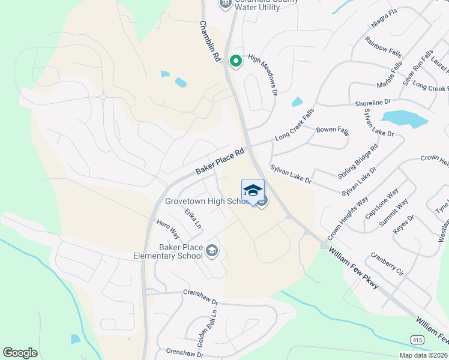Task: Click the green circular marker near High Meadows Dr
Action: coord(236,61)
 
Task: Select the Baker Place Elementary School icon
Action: coord(211,250)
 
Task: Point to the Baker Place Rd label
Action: coord(220,163)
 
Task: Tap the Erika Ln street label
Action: coord(193,218)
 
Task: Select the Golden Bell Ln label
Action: coord(208,329)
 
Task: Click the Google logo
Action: coord(20,353)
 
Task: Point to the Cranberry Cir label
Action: coord(388,264)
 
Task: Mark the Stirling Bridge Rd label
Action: coord(358,161)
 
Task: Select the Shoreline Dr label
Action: coord(373,103)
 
